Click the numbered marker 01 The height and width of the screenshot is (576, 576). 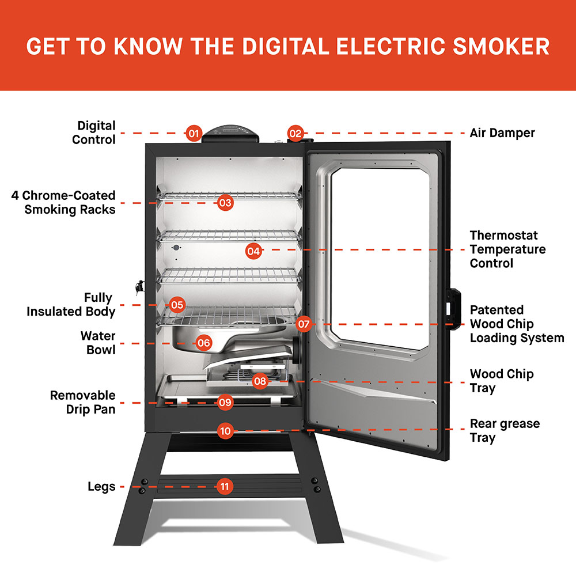click(x=194, y=134)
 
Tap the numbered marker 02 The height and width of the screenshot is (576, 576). click(x=295, y=133)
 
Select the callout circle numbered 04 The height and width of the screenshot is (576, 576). click(x=253, y=251)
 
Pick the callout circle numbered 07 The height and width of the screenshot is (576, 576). click(x=304, y=324)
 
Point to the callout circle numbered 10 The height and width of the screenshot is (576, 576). click(x=225, y=430)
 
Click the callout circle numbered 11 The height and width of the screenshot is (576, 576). click(x=225, y=487)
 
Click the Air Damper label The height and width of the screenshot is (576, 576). click(x=502, y=133)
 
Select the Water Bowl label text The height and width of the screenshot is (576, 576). click(x=98, y=343)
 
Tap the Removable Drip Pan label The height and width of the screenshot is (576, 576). click(x=82, y=403)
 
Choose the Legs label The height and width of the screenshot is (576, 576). click(x=101, y=487)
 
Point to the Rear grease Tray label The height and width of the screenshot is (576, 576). click(x=505, y=430)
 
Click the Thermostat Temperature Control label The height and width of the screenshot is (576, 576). click(x=507, y=249)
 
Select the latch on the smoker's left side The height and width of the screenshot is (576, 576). click(x=138, y=287)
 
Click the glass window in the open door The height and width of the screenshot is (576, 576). click(x=380, y=253)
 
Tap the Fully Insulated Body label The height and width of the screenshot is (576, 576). click(x=71, y=305)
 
